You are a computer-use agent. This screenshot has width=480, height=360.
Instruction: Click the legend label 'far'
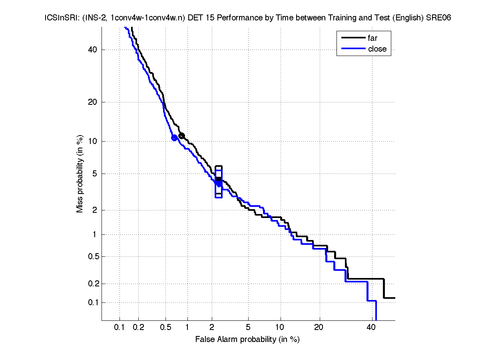pyautogui.click(x=372, y=38)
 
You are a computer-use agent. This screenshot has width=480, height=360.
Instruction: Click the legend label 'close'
pyautogui.click(x=377, y=49)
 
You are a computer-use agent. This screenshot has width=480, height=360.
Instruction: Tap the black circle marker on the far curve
pyautogui.click(x=181, y=136)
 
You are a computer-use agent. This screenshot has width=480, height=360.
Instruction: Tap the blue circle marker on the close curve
pyautogui.click(x=174, y=138)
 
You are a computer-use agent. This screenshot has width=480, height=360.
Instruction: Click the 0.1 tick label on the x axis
pyautogui.click(x=120, y=328)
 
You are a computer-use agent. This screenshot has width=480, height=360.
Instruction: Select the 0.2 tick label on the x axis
pyautogui.click(x=138, y=328)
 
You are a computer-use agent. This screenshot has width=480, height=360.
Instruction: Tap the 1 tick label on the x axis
pyautogui.click(x=187, y=328)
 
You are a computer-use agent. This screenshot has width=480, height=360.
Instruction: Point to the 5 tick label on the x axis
pyautogui.click(x=248, y=328)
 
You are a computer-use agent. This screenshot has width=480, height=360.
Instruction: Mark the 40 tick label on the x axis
pyautogui.click(x=371, y=328)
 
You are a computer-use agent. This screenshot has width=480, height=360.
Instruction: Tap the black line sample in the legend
pyautogui.click(x=353, y=38)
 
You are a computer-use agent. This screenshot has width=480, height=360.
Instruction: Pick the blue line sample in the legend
pyautogui.click(x=353, y=49)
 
